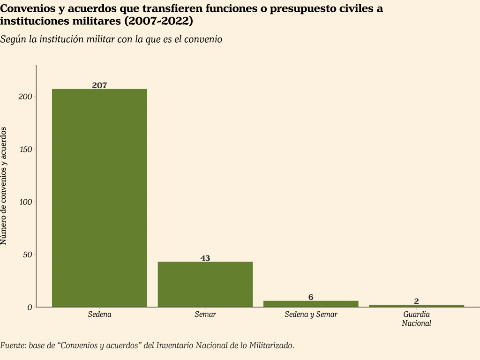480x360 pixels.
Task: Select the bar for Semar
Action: (205, 284)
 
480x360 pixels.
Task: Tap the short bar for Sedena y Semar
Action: (311, 304)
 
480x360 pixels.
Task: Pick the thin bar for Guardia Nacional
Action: (416, 306)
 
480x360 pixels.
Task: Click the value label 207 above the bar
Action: (99, 85)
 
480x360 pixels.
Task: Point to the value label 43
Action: (205, 258)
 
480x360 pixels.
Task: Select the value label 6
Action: (311, 297)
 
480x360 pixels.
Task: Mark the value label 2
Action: (416, 301)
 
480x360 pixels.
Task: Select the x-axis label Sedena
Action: (99, 314)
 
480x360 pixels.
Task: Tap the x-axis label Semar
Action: (205, 314)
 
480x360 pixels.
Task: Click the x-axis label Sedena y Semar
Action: (311, 314)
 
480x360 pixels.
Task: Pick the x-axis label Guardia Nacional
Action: (416, 318)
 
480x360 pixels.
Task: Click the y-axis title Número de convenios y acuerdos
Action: (4, 186)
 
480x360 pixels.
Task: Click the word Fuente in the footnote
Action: (13, 345)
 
